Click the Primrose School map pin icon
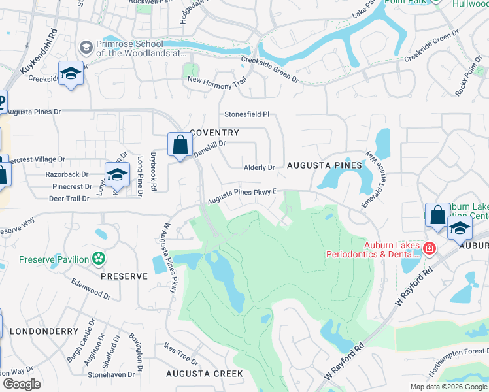tap(86, 47)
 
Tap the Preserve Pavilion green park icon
tap(99, 259)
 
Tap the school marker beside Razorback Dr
tap(117, 174)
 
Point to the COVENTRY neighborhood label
tap(214, 133)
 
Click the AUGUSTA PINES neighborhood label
tap(324, 166)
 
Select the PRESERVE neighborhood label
tap(124, 276)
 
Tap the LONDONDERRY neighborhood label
tap(44, 331)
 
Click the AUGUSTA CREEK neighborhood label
tap(205, 374)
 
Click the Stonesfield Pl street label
tap(246, 114)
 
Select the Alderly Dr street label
tap(259, 168)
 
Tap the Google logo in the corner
tap(22, 384)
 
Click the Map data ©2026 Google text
tap(448, 387)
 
